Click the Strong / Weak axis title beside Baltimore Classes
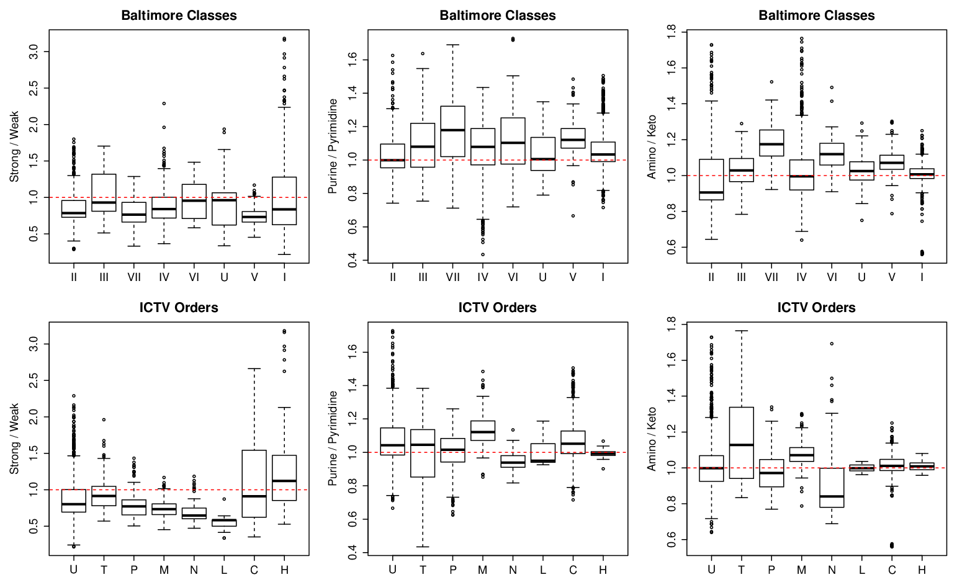pos(14,146)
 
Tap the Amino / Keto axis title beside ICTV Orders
pos(652,439)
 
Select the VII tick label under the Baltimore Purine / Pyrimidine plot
pos(453,277)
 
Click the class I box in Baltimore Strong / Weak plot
pos(284,201)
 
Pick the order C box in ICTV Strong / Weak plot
pos(254,484)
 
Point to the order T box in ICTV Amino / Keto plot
pos(741,443)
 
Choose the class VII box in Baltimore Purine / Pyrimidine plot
pos(453,132)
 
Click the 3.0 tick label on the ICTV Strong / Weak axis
pos(34,344)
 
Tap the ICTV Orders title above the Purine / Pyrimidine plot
pos(497,308)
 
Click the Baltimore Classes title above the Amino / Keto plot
pos(817,16)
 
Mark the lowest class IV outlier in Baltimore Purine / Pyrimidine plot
pos(483,254)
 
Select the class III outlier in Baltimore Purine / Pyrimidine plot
pos(423,54)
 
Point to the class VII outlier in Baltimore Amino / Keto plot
pos(771,82)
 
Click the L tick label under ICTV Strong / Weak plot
pos(224,570)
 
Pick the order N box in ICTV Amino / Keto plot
pos(832,488)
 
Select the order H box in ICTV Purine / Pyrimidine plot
pos(603,453)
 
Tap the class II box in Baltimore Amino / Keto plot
pos(711,179)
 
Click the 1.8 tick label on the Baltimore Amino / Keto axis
pos(671,32)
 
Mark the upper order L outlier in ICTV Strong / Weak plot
pos(224,499)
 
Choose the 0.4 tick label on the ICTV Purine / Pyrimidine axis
pos(353,553)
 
